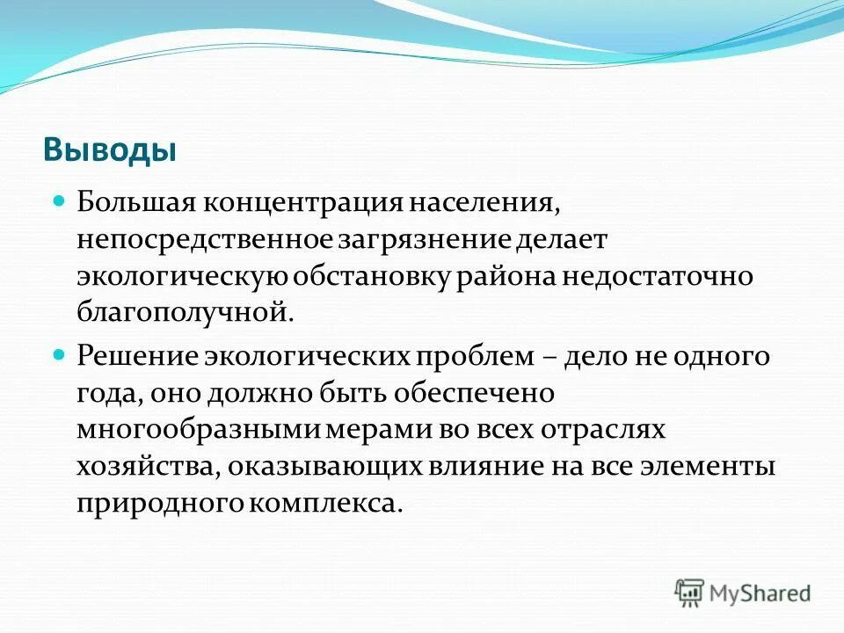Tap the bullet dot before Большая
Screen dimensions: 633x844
click(60, 200)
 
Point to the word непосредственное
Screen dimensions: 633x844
click(204, 239)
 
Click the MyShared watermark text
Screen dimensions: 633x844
click(761, 593)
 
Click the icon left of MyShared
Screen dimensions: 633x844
click(690, 593)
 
